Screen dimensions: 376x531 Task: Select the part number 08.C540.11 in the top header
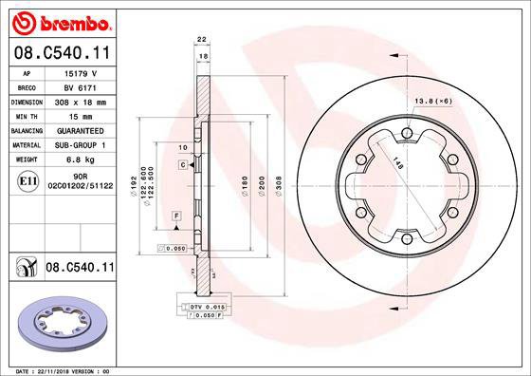(61, 52)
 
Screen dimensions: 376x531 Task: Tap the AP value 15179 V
(78, 71)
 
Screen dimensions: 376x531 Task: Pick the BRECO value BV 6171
(78, 86)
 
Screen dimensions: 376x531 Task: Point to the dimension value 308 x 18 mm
(78, 101)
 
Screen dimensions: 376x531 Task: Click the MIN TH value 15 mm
(78, 115)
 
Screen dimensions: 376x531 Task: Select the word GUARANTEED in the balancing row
(78, 130)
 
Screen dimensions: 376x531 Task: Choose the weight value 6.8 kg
(78, 160)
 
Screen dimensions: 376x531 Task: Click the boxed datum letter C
(181, 165)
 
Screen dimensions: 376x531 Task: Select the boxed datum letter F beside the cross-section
(177, 217)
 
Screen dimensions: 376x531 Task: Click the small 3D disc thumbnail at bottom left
(60, 322)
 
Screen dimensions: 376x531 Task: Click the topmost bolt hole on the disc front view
(406, 133)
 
